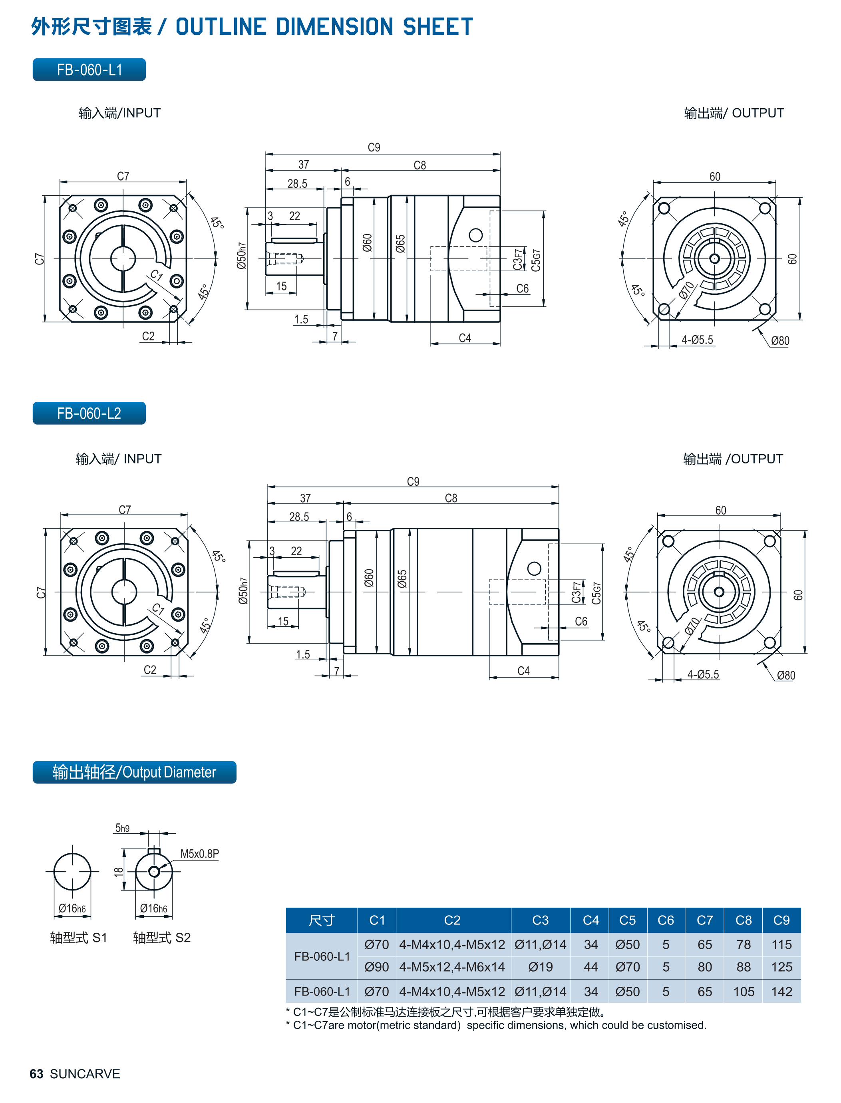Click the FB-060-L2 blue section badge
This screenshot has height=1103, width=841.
[89, 413]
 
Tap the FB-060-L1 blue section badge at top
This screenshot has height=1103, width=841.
[89, 70]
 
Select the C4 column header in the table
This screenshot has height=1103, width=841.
[591, 920]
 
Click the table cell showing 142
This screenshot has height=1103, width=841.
[781, 992]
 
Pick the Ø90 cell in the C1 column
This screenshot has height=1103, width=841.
[376, 967]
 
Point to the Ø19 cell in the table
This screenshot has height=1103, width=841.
[540, 967]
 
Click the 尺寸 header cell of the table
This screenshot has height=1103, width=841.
[321, 920]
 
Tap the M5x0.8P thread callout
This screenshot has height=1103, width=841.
[199, 853]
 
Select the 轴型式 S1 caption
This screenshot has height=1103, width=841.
[79, 937]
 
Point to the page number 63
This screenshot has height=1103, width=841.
[36, 1073]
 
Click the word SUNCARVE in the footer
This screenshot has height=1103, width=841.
[85, 1073]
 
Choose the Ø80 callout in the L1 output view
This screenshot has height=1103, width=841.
[779, 341]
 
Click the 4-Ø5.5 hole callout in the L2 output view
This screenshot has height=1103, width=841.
[703, 674]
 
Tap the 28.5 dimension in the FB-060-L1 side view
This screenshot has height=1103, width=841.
[297, 184]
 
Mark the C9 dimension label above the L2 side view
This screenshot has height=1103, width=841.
[413, 481]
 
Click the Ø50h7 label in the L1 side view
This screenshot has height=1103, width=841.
[242, 256]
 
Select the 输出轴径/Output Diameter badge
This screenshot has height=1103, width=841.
[134, 772]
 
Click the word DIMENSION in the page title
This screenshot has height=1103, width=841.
[334, 26]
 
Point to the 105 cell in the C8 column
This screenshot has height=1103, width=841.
[744, 992]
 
